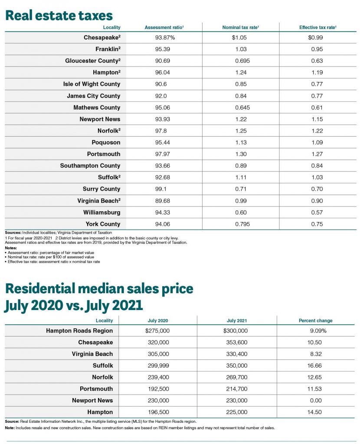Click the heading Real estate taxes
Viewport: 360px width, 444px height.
59,15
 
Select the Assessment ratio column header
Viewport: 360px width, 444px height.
164,27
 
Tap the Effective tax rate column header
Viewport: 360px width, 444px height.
318,27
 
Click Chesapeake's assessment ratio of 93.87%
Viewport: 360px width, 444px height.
165,37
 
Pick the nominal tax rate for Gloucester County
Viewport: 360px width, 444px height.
242,61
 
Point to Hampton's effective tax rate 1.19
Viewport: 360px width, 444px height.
317,72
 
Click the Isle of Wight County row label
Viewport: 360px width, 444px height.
92,84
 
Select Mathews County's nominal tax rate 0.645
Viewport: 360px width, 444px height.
242,108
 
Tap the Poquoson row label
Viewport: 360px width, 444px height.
106,142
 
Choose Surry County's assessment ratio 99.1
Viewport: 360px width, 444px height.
161,189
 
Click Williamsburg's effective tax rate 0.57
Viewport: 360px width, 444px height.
317,212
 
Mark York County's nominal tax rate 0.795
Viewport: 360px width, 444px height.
242,224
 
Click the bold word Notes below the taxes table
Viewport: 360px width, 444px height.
11,248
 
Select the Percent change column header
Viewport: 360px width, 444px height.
315,320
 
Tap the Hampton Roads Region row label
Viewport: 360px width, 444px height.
79,331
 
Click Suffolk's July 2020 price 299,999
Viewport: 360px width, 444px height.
158,366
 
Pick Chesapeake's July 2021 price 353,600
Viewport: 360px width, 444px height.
237,343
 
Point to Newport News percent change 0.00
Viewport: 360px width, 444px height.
316,400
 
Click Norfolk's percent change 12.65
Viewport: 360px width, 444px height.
315,377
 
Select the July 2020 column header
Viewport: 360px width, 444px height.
158,320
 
